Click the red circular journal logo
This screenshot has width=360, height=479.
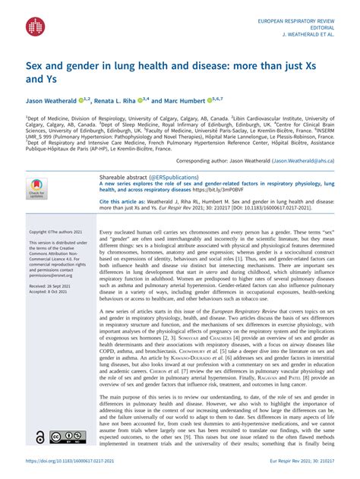[x=36, y=27]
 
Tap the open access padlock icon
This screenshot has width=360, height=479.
[x=39, y=438]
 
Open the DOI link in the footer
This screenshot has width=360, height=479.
[x=65, y=462]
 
